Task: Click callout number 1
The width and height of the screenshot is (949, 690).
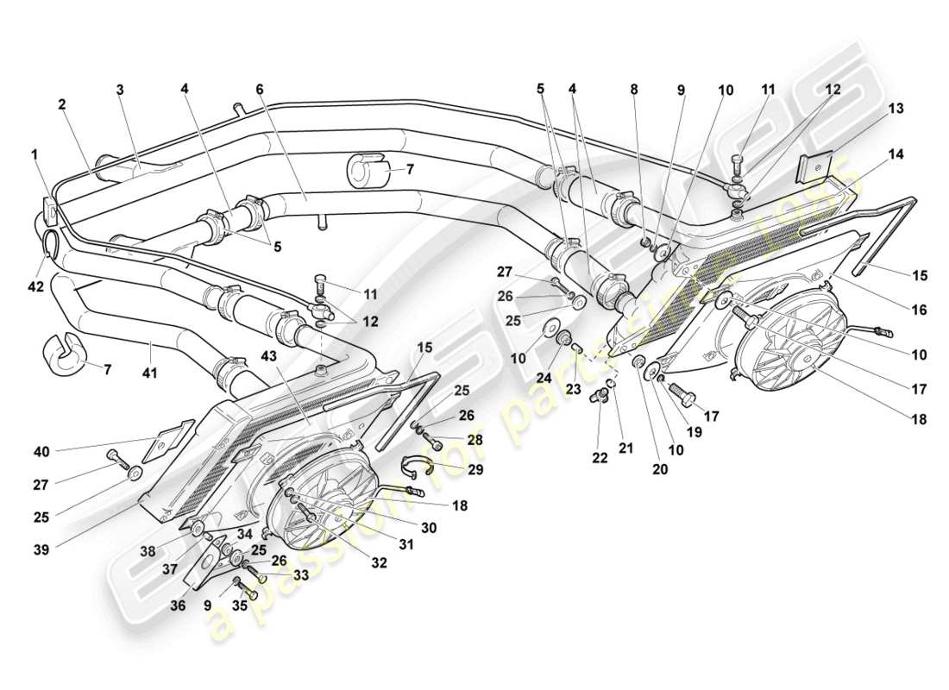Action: [35, 154]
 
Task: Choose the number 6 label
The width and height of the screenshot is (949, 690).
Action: [258, 90]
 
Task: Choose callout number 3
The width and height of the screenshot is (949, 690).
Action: [122, 90]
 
